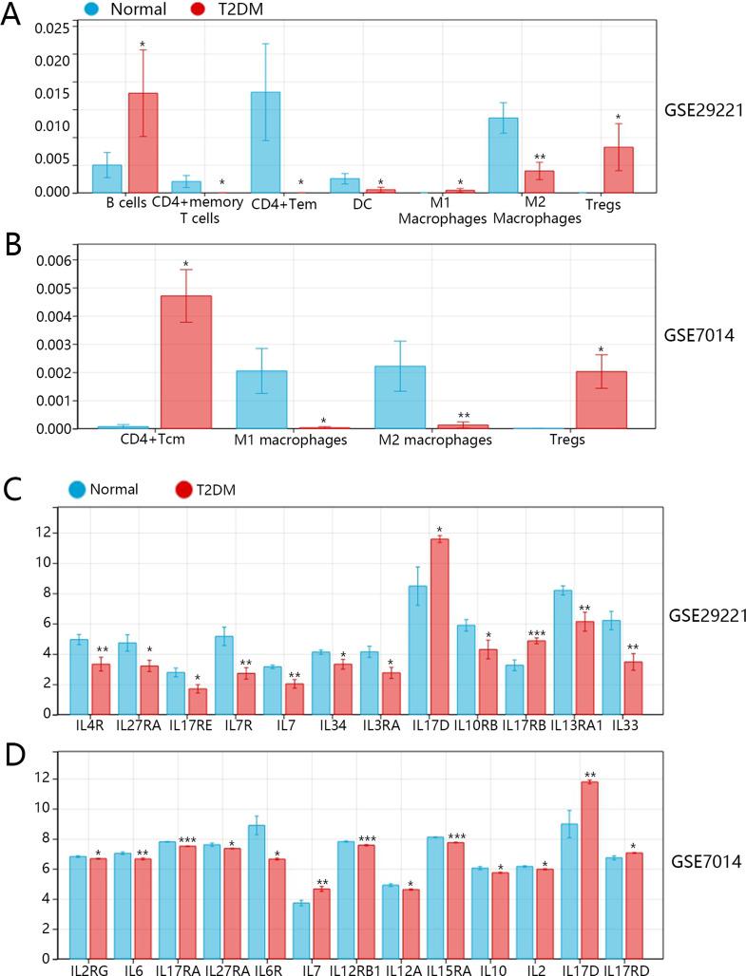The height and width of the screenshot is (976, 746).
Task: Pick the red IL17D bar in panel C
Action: tap(439, 626)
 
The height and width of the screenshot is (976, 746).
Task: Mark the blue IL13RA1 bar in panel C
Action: tap(563, 651)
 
